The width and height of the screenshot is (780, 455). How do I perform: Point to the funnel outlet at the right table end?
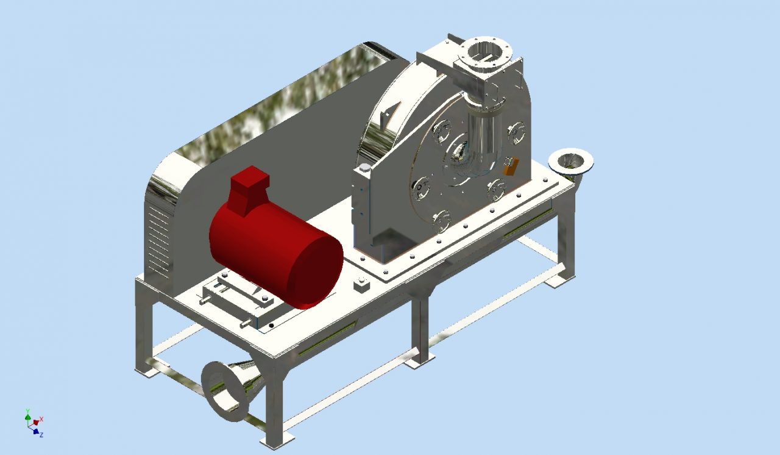(x=570, y=160)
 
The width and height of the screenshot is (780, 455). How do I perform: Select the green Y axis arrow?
(x=27, y=415)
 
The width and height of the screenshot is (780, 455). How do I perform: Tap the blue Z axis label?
(x=41, y=434)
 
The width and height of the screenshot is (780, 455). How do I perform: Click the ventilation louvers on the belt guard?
(x=160, y=238)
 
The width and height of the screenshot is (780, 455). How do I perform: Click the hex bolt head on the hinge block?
(x=364, y=168)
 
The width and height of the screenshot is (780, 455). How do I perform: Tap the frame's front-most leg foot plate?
(x=277, y=439)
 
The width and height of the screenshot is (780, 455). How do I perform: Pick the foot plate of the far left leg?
(x=147, y=370)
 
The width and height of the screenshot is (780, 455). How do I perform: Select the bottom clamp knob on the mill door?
(x=441, y=220)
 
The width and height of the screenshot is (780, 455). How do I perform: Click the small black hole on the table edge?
(x=271, y=326)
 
